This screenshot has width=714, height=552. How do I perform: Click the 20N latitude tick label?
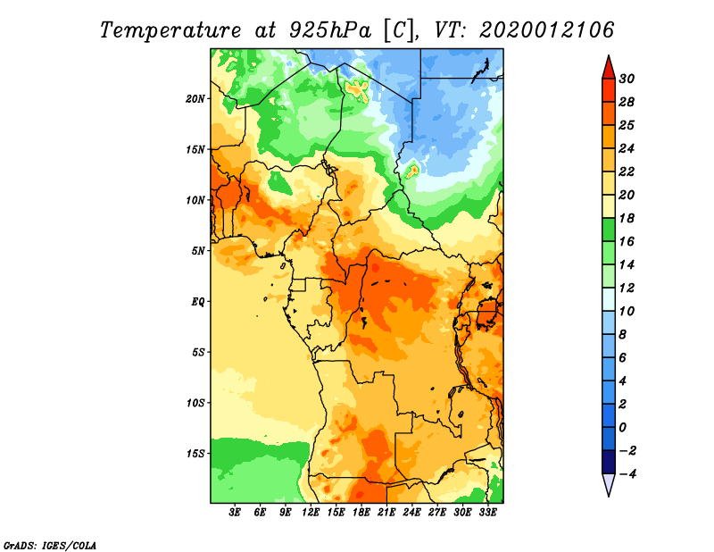point(195,99)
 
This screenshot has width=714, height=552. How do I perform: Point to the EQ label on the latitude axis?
point(198,302)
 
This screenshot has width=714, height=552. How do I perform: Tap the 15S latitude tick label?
point(195,454)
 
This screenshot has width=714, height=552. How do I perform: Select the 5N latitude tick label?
point(198,251)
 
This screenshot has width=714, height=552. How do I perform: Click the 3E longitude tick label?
point(235,513)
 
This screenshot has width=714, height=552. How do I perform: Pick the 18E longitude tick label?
point(361,513)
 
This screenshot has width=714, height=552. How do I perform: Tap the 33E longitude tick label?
point(487,513)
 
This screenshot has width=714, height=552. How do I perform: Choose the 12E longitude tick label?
point(311,513)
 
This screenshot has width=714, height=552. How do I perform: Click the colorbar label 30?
point(627,79)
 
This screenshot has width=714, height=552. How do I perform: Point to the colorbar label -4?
point(627,474)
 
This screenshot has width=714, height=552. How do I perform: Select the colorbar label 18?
point(627,218)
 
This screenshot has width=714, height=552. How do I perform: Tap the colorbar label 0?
point(622,428)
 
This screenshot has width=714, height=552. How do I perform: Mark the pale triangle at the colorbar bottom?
point(609,483)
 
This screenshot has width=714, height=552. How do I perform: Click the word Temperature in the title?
point(170,30)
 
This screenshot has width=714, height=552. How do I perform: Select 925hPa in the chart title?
point(330,30)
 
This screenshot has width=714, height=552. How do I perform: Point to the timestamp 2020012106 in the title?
point(546,30)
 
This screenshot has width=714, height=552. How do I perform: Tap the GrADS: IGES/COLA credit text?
point(50,546)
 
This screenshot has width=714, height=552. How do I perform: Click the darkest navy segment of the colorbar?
point(609,462)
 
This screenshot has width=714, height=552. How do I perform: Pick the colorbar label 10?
point(627,312)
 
